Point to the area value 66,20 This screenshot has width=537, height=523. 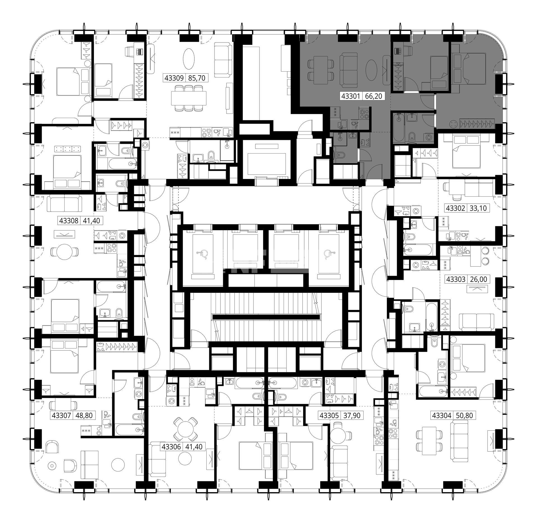click(373, 96)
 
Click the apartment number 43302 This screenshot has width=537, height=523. click(455, 208)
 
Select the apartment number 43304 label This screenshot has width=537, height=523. click(442, 423)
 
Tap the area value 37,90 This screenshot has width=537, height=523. click(352, 423)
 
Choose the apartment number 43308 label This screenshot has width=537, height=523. click(69, 221)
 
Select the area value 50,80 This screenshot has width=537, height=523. click(464, 423)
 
